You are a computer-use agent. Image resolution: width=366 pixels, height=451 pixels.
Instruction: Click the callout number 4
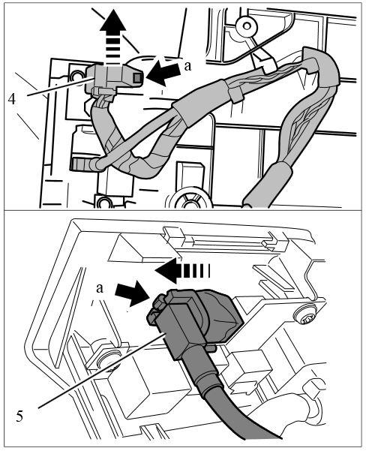coord(12,99)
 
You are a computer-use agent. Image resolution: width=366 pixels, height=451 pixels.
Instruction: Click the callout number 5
coord(19,416)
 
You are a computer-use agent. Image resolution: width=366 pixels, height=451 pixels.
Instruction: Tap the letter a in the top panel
coord(187,67)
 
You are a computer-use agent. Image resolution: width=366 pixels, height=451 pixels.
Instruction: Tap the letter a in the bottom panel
coord(100,288)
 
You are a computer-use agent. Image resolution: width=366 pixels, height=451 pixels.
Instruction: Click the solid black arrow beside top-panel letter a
coord(165,74)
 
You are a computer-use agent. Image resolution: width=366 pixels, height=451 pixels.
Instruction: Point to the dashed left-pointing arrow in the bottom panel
coord(182,270)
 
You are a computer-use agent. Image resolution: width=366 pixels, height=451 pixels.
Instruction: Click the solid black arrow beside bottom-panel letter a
coord(132,293)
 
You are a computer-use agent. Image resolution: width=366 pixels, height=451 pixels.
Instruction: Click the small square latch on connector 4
coord(137,77)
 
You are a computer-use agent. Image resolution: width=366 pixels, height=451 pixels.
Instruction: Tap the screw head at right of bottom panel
coord(305,316)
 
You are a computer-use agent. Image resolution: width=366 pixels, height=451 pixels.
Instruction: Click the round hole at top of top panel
coord(247,26)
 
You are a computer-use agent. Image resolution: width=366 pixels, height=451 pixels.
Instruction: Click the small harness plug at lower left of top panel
coord(82,164)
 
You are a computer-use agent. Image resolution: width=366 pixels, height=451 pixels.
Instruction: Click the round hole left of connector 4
coord(76,77)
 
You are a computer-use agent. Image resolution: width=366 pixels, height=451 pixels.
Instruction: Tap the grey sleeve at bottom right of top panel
coord(268,184)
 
